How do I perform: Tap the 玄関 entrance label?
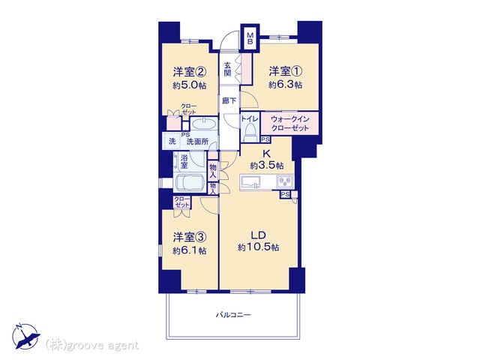(227, 70)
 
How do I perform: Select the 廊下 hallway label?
(229, 100)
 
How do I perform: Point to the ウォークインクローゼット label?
(289, 123)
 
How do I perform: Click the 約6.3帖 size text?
(285, 85)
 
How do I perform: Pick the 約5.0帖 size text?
(189, 85)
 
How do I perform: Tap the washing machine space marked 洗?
(172, 142)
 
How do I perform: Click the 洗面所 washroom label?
(197, 142)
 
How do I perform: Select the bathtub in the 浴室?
(189, 183)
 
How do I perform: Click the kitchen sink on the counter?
(250, 181)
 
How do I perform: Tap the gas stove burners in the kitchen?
(285, 181)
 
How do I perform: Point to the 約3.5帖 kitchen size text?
(267, 166)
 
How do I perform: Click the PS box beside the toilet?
(265, 139)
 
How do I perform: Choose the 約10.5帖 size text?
(258, 247)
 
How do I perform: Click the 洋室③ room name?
(190, 237)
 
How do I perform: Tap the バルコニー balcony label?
(233, 315)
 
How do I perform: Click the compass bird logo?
(26, 336)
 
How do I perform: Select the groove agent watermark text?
(92, 346)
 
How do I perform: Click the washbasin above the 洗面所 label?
(204, 125)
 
